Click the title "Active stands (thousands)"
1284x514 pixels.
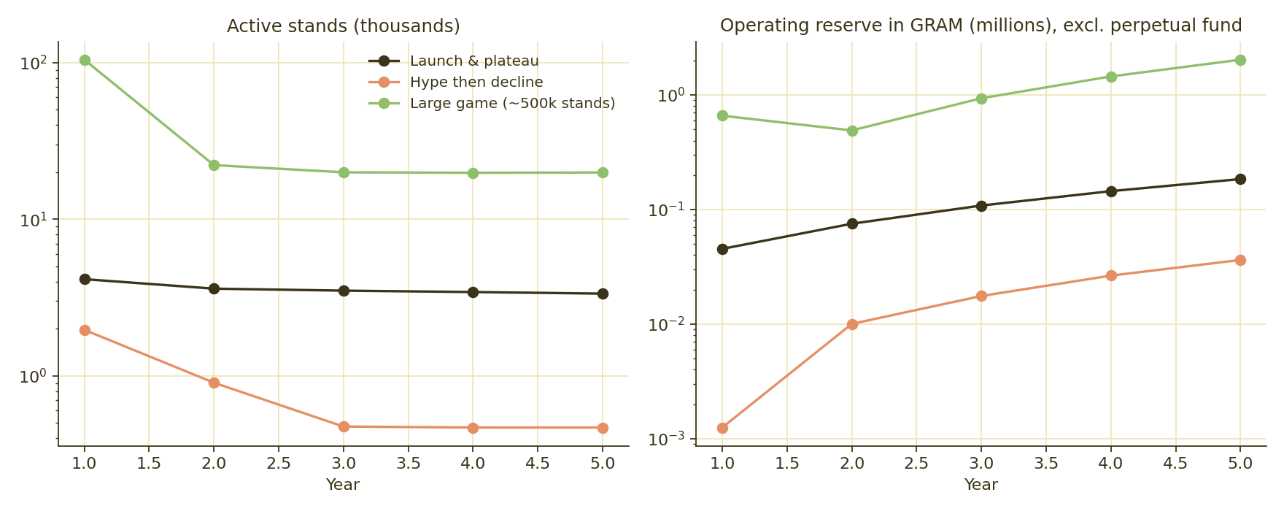pos(343,26)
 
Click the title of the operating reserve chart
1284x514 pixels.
pos(981,26)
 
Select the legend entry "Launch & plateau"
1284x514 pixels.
pos(474,61)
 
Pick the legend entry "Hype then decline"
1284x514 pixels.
pos(476,83)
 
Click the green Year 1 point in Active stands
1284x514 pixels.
pos(85,61)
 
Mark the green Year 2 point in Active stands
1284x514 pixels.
pos(214,165)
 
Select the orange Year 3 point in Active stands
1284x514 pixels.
pos(344,426)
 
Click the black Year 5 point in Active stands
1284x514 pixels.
pos(603,294)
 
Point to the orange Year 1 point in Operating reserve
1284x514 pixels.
pos(722,428)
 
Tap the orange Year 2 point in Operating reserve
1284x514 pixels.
pos(852,324)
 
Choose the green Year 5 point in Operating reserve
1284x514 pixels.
pos(1240,60)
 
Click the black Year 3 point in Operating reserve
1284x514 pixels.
pos(981,206)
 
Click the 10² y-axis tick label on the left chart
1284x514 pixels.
pos(34,63)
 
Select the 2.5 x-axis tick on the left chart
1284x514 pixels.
pos(279,464)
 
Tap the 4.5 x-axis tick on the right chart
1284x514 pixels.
pos(1175,464)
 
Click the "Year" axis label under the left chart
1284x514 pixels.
pos(343,485)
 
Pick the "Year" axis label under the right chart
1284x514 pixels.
pos(981,485)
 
